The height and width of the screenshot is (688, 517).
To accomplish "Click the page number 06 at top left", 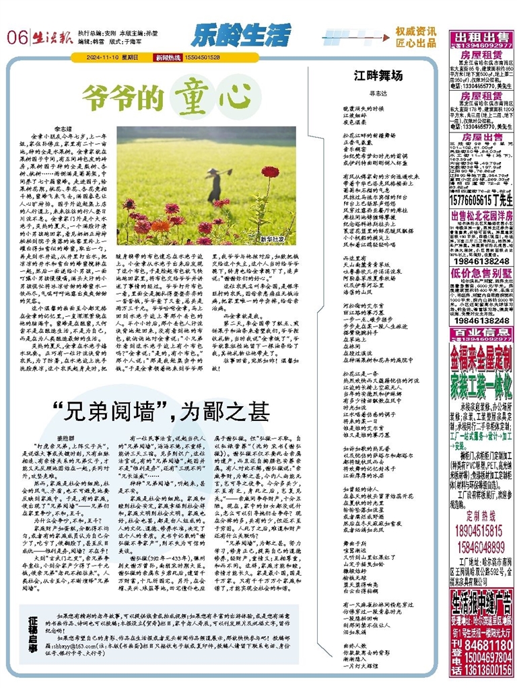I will tap(15, 37).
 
